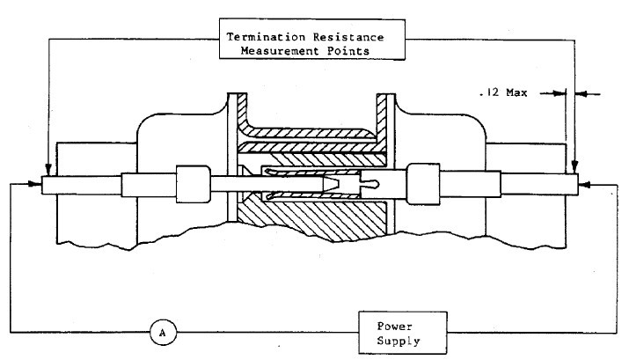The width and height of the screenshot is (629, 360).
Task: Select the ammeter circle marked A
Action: point(161,332)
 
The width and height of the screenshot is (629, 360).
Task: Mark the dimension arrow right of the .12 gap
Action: point(582,91)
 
